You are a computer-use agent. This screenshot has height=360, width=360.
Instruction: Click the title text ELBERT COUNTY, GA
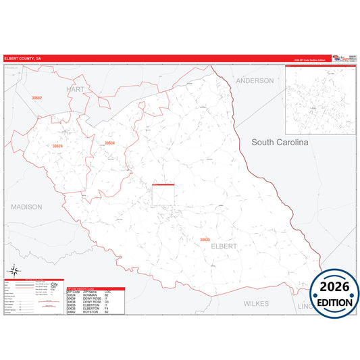point(20,59)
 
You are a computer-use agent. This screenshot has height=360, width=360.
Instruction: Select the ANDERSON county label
point(255,80)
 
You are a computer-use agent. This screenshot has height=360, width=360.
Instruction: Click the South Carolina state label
point(280,143)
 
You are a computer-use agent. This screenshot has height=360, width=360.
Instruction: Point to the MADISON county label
point(26,207)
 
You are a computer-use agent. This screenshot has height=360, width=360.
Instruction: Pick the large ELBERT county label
point(224,247)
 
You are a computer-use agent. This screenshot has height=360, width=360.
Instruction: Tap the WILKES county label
point(256,304)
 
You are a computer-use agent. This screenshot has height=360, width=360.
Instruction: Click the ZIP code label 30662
point(36,98)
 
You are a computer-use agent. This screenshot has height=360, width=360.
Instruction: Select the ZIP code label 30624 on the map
point(57,146)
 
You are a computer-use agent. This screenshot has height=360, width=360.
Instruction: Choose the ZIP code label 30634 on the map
point(109,143)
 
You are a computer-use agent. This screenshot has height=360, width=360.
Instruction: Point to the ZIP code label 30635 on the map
point(205,239)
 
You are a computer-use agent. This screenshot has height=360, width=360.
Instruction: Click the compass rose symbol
point(13,272)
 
